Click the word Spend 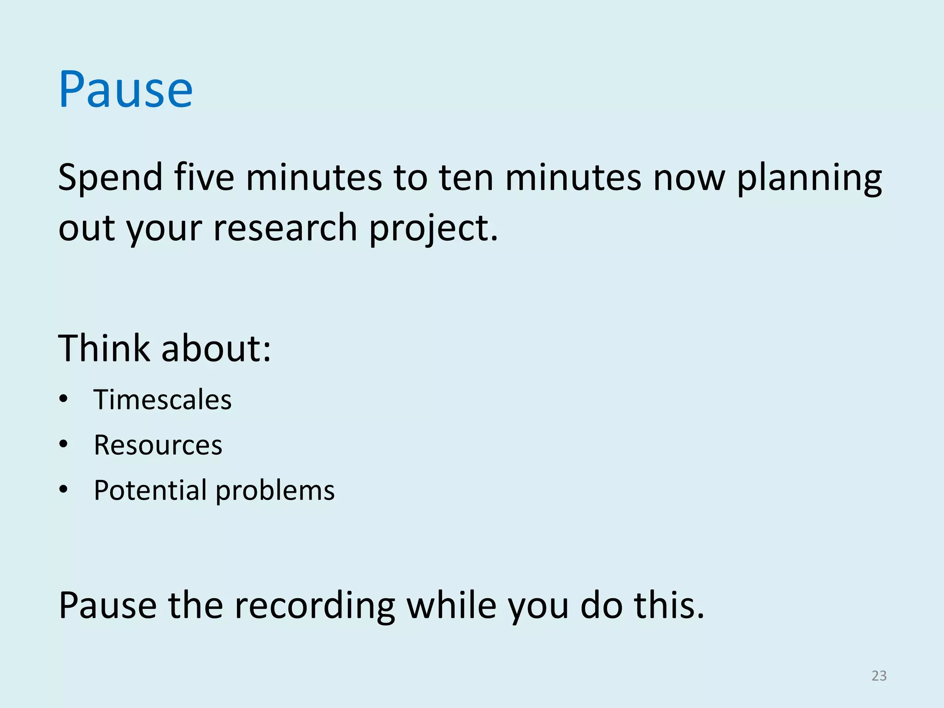(x=111, y=178)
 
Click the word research (x=285, y=228)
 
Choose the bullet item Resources (x=158, y=445)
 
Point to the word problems (x=275, y=490)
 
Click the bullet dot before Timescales (x=64, y=399)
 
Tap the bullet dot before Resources (x=64, y=445)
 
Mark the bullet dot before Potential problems (x=64, y=490)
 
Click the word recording (x=314, y=606)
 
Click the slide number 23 (x=879, y=676)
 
